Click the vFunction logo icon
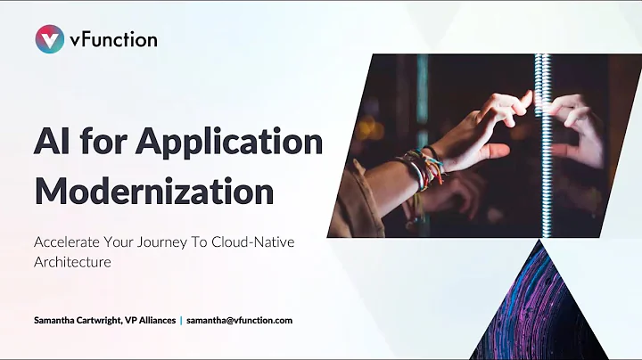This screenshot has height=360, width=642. click(x=49, y=38)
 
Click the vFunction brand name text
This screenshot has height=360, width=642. click(x=113, y=39)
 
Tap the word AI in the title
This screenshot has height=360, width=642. click(x=53, y=143)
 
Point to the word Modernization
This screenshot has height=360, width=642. click(x=152, y=190)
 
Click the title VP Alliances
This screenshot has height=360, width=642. click(x=149, y=320)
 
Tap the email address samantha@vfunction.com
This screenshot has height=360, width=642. click(x=239, y=320)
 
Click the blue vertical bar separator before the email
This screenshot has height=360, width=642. click(x=181, y=320)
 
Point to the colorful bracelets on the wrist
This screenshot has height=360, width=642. click(x=422, y=168)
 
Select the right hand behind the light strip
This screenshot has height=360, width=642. click(x=578, y=125)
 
